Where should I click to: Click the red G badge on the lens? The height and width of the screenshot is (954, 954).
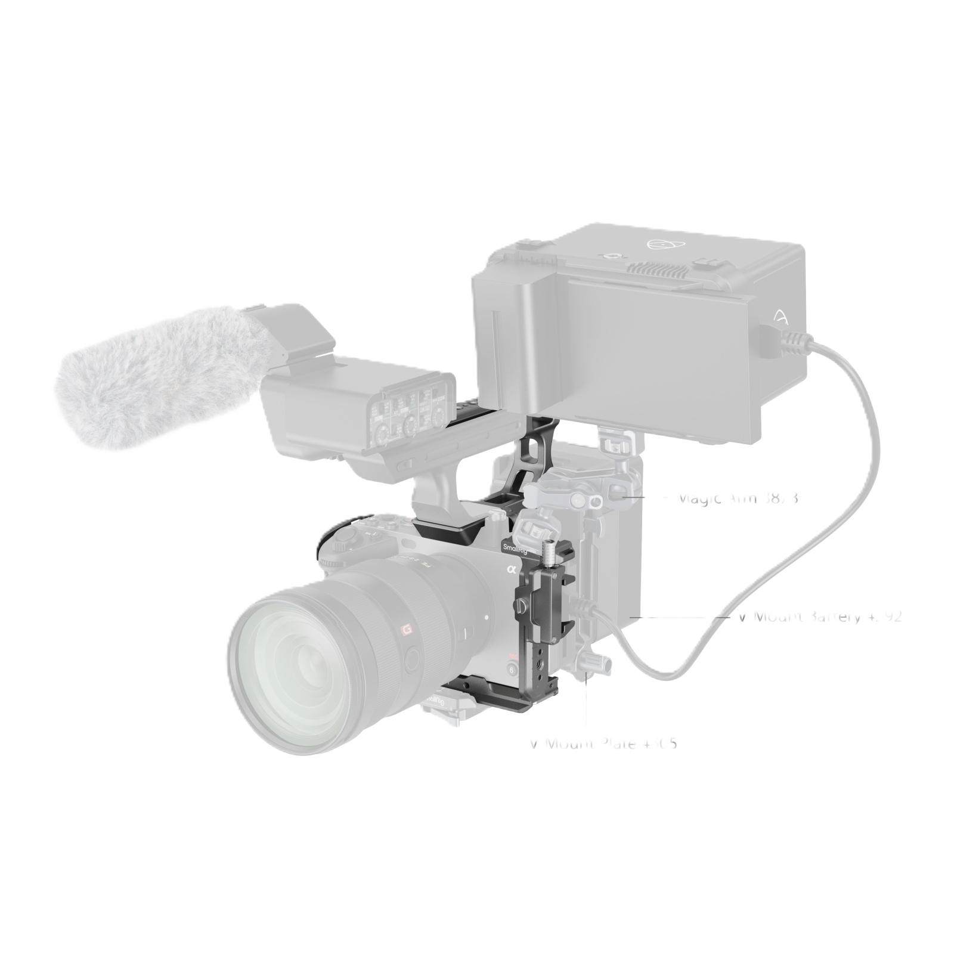[407, 628]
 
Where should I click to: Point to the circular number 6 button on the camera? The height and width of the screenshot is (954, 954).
[510, 670]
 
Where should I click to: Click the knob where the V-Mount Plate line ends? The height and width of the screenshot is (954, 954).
[597, 662]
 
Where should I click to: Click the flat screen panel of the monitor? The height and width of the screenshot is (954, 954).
[662, 355]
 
